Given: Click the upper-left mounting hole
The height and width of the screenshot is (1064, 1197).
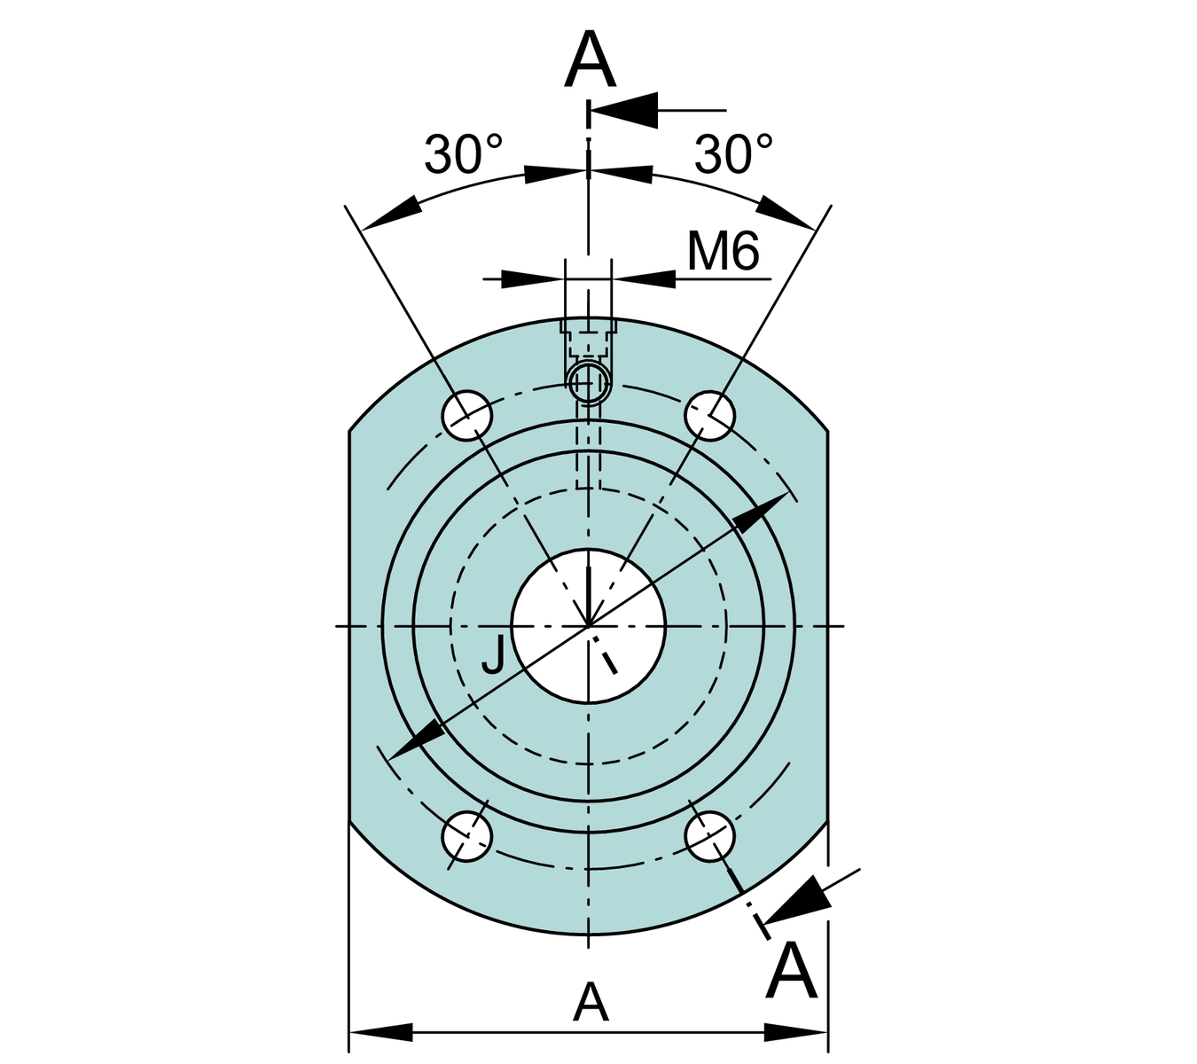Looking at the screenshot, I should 467,415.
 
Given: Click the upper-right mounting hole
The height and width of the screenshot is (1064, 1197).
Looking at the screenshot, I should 710,414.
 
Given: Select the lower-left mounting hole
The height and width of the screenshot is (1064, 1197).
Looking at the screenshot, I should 467,835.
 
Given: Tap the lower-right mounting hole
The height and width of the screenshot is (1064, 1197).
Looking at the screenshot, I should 710,835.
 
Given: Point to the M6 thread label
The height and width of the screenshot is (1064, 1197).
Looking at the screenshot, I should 724,252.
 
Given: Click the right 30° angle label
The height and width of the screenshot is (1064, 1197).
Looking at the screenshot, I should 733,154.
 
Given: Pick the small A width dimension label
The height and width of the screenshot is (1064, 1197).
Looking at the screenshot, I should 591,1003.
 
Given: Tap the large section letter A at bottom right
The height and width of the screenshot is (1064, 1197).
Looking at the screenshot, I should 791,973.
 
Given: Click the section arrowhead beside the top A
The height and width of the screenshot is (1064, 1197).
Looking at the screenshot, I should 624,111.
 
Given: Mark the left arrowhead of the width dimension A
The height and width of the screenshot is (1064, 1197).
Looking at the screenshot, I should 381,1032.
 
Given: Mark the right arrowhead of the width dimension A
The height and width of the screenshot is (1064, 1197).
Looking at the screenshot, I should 796,1032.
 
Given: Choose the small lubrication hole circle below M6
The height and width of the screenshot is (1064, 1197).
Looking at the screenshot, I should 588,382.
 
